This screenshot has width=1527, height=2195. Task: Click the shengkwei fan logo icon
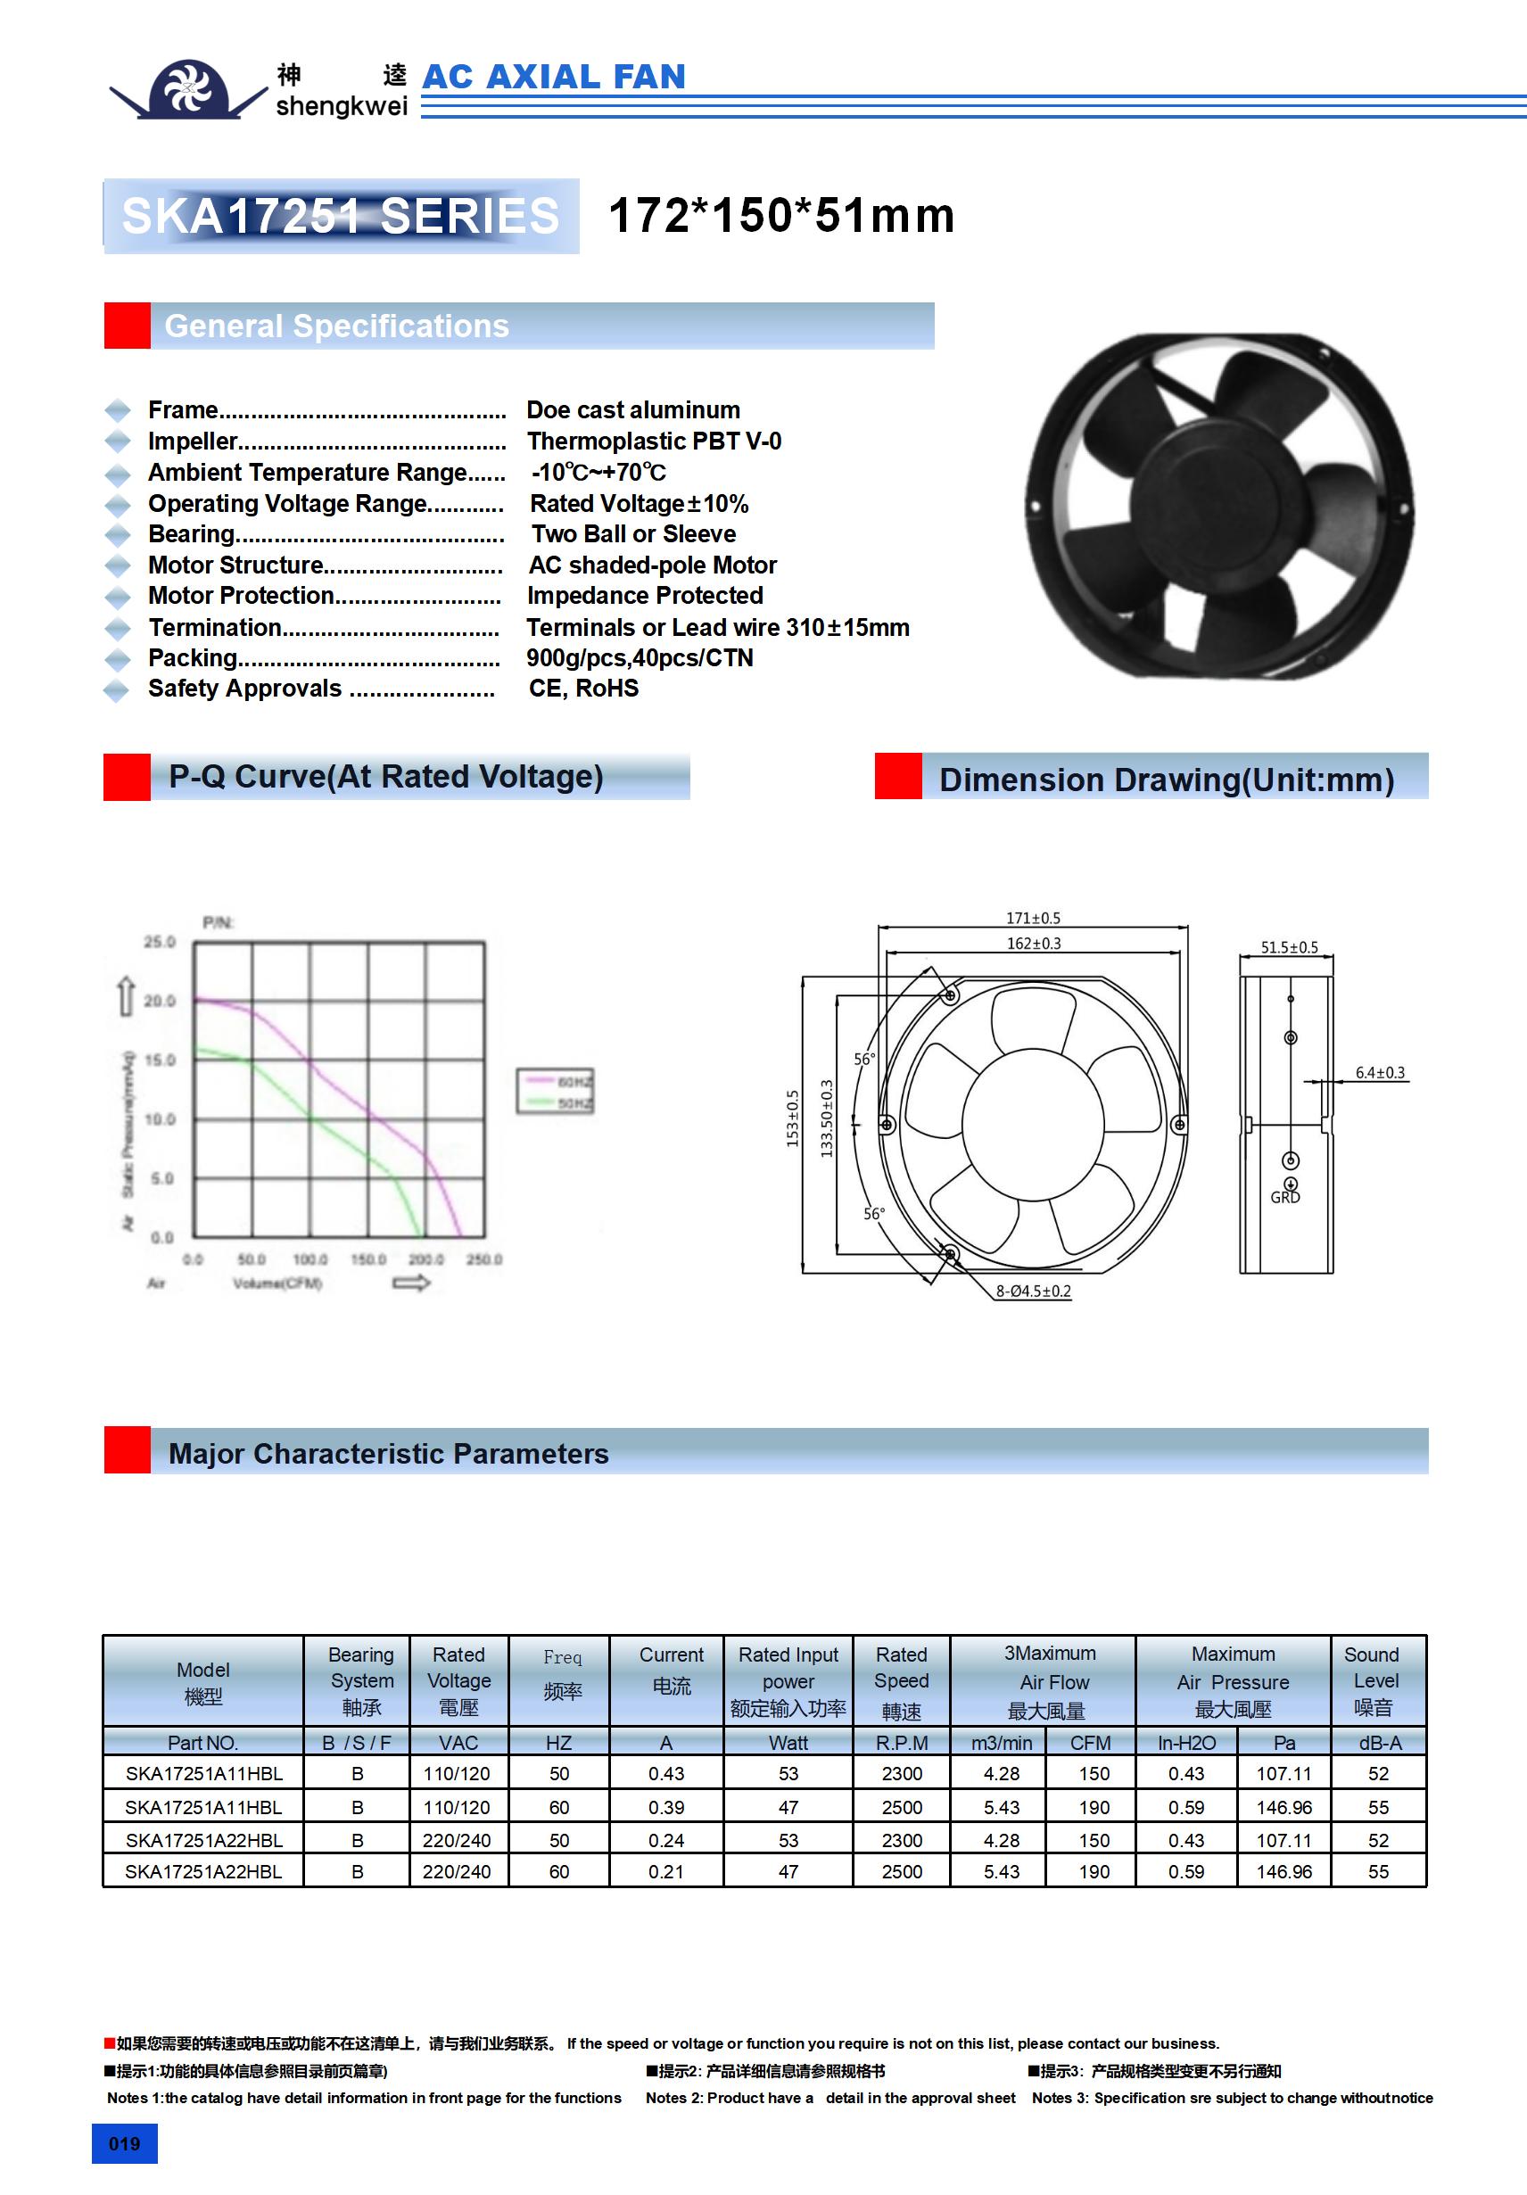click(188, 89)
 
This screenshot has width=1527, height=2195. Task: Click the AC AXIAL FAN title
click(554, 77)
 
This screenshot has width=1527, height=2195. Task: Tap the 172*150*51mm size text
click(780, 215)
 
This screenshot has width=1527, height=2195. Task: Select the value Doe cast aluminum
click(633, 410)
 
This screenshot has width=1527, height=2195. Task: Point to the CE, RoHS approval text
click(583, 689)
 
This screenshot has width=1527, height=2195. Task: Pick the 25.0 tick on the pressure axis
click(160, 942)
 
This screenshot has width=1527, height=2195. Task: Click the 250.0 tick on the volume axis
click(483, 1259)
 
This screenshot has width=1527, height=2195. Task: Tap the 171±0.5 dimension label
click(1033, 918)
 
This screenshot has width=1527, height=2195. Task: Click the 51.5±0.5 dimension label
click(1288, 947)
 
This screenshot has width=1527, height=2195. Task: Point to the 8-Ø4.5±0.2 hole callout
click(1033, 1291)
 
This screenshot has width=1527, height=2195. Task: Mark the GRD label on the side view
click(1284, 1197)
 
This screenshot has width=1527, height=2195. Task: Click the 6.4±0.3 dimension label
click(1380, 1073)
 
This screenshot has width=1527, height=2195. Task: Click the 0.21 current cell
click(665, 1872)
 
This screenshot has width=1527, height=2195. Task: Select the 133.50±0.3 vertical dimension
click(827, 1118)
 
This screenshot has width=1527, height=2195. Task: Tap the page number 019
click(124, 2143)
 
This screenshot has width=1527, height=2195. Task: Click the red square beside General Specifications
click(128, 326)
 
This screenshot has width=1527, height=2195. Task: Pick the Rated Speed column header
click(901, 1680)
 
